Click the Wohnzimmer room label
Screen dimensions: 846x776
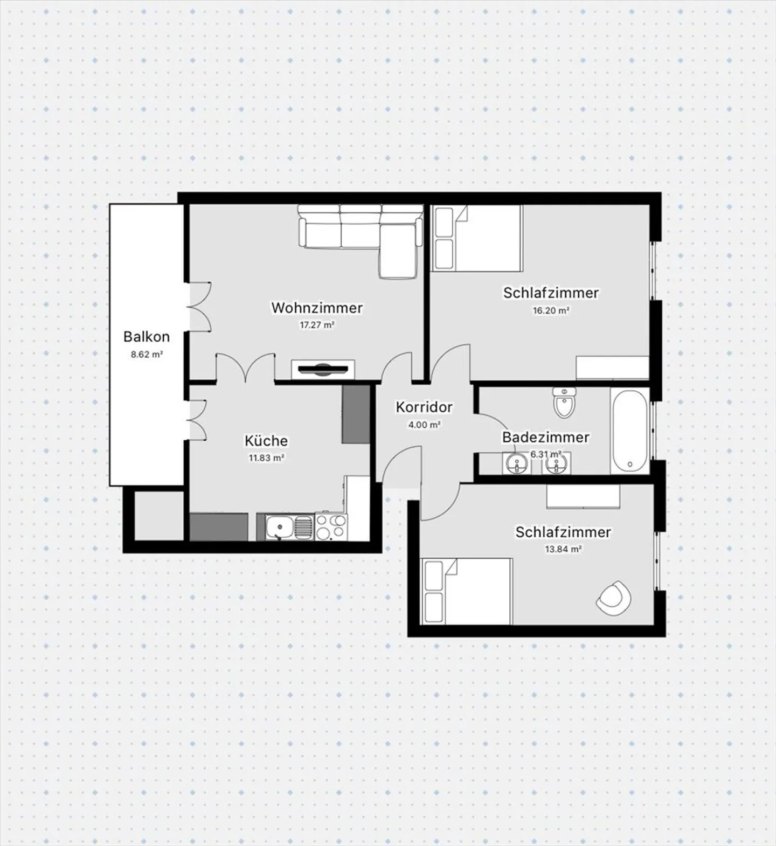(316, 308)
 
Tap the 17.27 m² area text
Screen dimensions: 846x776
(317, 325)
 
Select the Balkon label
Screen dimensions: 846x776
(146, 337)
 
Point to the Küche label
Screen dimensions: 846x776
(266, 441)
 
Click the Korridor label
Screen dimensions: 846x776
(424, 407)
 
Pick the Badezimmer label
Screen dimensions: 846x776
(545, 437)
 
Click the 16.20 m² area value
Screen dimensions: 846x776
(551, 310)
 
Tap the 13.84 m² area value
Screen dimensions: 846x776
(563, 550)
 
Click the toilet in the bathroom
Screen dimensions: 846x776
(564, 403)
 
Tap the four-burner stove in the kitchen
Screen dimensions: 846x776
(330, 527)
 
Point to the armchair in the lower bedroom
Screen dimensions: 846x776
(613, 598)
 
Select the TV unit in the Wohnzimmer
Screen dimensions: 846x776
(323, 369)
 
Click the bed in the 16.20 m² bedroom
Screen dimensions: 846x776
(477, 238)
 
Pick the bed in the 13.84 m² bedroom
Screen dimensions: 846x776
(467, 591)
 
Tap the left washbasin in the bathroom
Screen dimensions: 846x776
(517, 463)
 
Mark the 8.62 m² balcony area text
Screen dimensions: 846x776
(147, 355)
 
